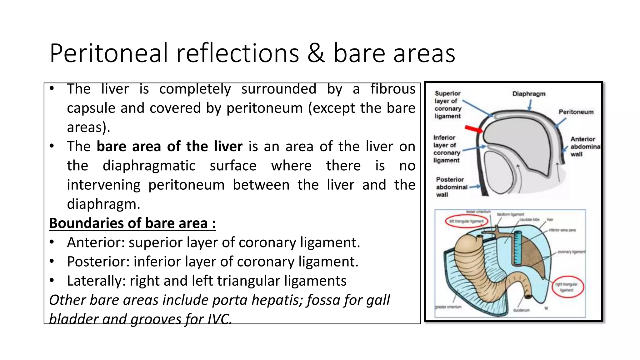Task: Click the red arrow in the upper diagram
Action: [473, 129]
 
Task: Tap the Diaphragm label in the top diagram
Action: [529, 94]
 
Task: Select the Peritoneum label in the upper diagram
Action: [576, 112]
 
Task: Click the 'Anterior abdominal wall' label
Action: [584, 147]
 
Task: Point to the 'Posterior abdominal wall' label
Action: [451, 187]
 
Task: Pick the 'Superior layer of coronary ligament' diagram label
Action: [447, 105]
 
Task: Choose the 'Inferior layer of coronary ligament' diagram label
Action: [446, 149]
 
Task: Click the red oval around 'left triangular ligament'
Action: [466, 221]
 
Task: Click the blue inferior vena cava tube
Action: [517, 248]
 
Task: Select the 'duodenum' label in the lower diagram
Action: [521, 310]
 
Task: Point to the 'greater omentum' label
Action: [448, 307]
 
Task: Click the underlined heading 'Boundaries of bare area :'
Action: [132, 223]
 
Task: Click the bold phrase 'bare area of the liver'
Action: [169, 147]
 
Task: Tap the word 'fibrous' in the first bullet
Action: [393, 89]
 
